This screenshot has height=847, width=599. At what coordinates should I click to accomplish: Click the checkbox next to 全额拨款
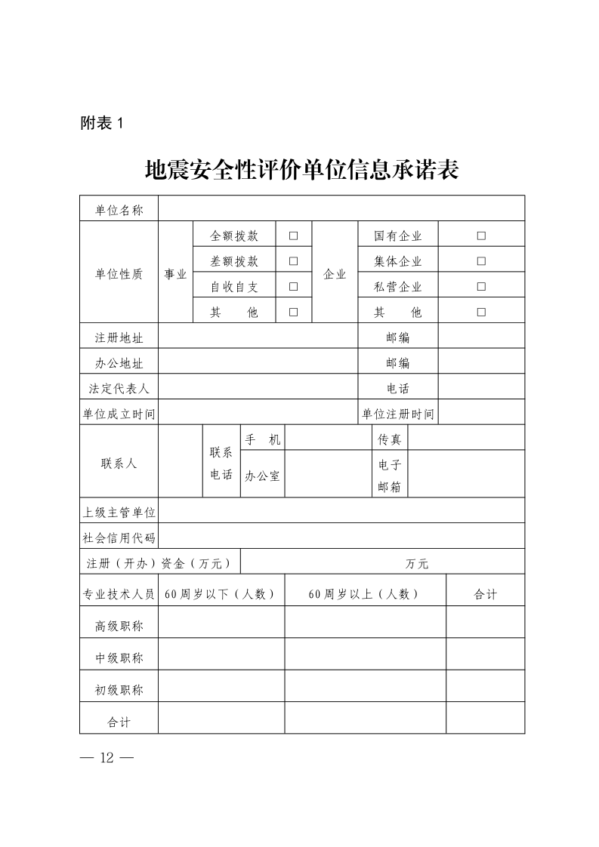294,236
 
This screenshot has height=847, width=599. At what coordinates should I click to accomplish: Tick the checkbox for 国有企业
481,236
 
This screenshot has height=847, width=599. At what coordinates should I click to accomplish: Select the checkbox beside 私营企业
481,286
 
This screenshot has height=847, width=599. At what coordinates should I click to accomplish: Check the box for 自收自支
294,286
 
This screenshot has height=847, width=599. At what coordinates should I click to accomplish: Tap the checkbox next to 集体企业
481,261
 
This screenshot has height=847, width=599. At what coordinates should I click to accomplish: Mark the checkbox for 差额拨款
294,261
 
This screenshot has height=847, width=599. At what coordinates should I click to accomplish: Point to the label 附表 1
100,124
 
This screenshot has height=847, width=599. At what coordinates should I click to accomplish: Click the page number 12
107,757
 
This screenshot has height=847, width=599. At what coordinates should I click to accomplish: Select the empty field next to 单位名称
341,208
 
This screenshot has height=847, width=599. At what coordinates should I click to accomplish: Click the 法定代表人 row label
119,388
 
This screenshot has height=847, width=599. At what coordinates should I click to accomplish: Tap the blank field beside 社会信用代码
341,537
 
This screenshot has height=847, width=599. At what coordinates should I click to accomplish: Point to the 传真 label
390,439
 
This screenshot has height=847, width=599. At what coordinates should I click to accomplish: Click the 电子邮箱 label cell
390,476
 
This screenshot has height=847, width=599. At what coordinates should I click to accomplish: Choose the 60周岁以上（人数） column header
364,594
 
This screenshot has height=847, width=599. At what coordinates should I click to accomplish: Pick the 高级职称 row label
119,626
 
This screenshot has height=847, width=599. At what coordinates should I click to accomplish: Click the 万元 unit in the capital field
416,564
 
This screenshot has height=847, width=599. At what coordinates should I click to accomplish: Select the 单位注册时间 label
397,414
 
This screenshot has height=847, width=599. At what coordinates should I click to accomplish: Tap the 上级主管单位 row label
119,512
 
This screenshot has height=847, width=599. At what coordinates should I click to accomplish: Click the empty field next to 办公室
326,475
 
